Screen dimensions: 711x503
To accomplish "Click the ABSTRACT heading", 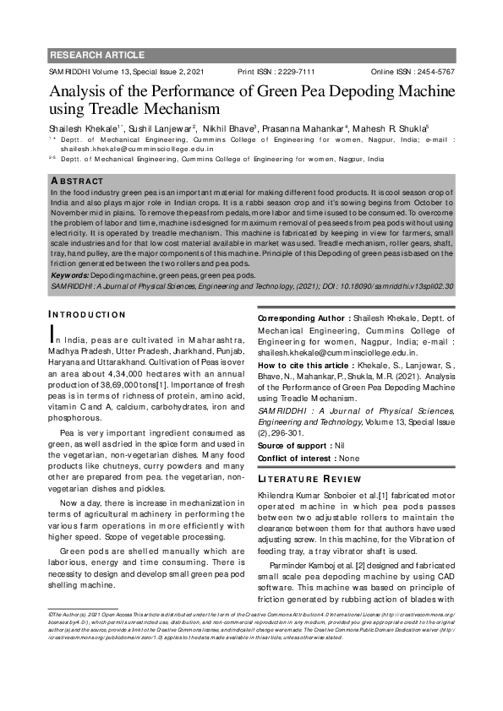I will [78, 182].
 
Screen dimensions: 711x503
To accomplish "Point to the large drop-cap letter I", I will [54, 334].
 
